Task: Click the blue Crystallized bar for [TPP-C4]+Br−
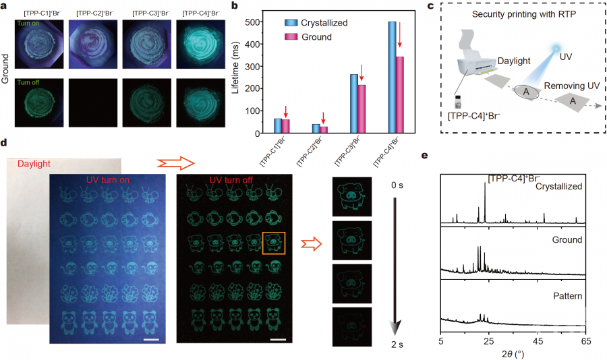(x=392, y=78)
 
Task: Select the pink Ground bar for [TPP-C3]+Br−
(x=362, y=109)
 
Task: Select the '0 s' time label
(x=397, y=184)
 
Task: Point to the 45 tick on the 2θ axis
(x=538, y=341)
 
